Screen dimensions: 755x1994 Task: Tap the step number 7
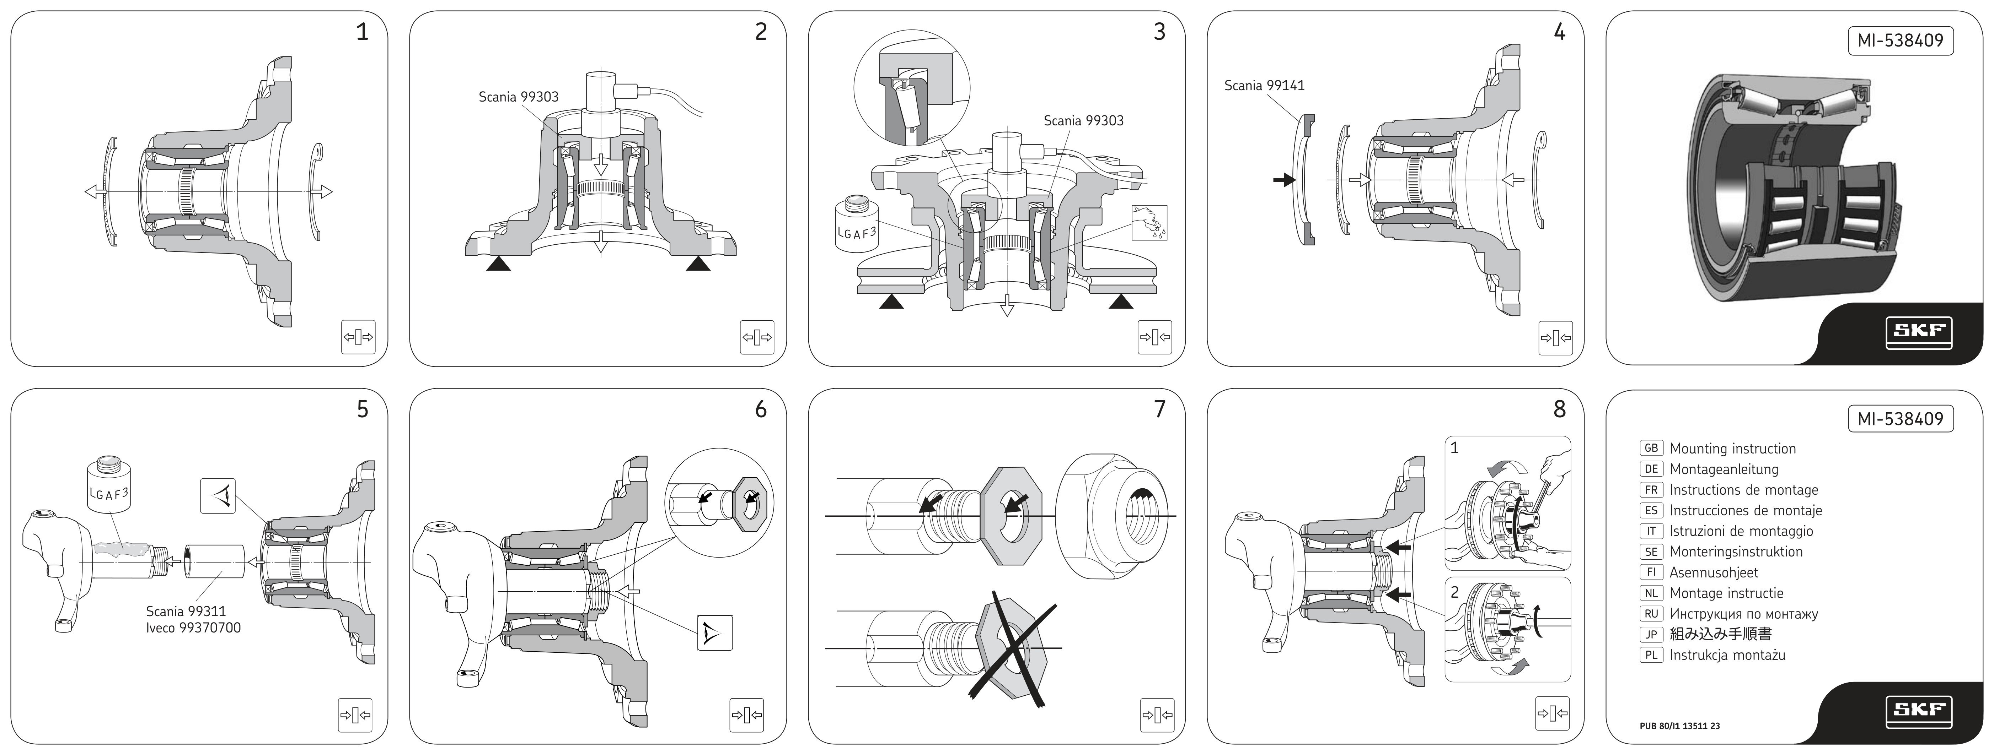click(x=1159, y=409)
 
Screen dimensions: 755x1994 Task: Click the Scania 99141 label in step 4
click(x=1264, y=86)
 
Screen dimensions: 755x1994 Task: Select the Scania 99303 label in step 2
click(x=518, y=97)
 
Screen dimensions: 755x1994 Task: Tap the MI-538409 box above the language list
click(x=1900, y=418)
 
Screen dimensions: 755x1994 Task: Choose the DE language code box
click(x=1651, y=469)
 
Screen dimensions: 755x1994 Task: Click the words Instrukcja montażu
click(x=1727, y=655)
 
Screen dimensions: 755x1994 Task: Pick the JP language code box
click(x=1651, y=634)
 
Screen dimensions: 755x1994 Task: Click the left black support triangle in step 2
click(x=498, y=265)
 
